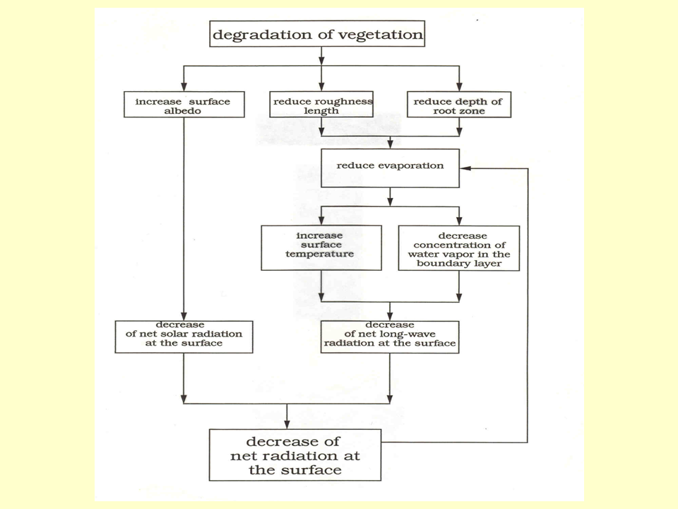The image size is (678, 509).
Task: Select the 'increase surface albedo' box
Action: click(184, 106)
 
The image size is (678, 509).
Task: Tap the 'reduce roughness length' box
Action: click(321, 106)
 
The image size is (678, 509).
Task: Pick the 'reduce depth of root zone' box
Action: click(459, 106)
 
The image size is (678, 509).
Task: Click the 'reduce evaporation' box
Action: click(391, 167)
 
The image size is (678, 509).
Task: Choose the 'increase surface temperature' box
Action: click(321, 247)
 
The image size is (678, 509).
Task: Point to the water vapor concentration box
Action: click(459, 247)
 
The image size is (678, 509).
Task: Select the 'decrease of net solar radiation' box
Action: click(184, 337)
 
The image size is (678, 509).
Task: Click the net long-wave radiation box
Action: click(390, 337)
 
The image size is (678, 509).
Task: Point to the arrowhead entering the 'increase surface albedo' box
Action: click(184, 86)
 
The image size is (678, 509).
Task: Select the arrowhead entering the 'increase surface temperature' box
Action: click(321, 221)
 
